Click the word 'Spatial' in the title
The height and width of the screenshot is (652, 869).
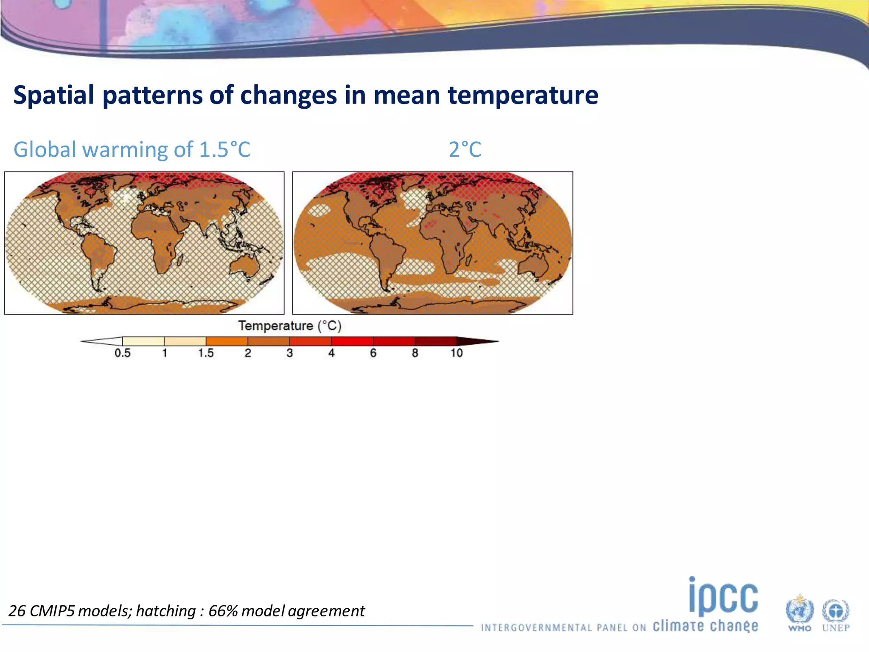53,95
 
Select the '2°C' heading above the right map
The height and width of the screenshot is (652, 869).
465,149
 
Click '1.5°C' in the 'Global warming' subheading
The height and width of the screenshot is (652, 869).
224,149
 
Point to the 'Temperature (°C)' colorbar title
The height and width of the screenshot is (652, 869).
290,326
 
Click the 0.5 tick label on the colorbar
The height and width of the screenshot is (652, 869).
122,353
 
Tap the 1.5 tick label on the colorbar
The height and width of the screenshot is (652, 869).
206,353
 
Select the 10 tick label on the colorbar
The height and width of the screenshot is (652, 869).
457,353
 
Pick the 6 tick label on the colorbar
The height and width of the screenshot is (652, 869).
373,353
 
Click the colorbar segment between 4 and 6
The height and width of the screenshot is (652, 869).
352,341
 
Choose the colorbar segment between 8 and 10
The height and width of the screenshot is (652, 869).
436,341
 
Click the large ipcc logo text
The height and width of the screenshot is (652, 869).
723,596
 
